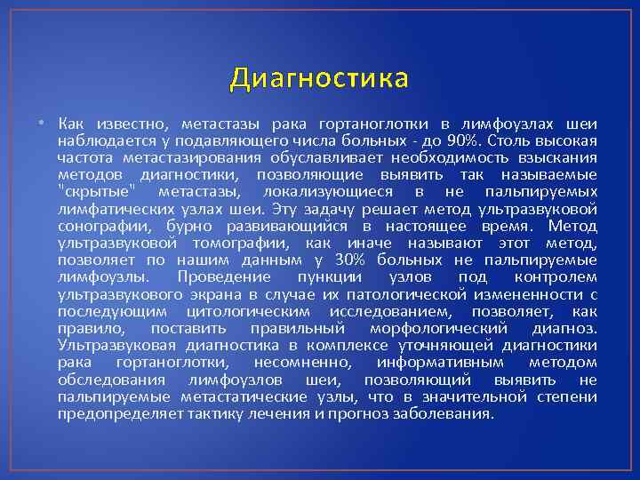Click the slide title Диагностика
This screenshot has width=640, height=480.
pos(319,79)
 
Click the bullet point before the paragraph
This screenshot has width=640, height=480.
pos(42,124)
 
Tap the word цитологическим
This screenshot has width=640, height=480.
pos(249,311)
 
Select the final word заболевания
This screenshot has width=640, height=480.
pos(443,413)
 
